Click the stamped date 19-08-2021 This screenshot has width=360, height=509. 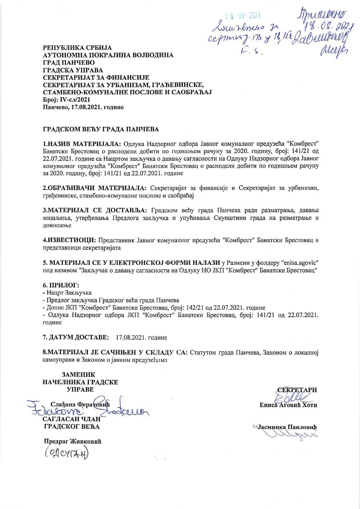(x=243, y=15)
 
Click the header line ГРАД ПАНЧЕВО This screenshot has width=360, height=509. (x=69, y=62)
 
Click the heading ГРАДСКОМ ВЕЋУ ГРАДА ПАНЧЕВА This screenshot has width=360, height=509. (x=101, y=129)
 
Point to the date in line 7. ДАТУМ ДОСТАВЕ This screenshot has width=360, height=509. (x=141, y=338)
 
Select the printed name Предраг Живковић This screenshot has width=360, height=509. (x=72, y=442)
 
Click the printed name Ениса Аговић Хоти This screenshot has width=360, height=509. (x=288, y=405)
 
